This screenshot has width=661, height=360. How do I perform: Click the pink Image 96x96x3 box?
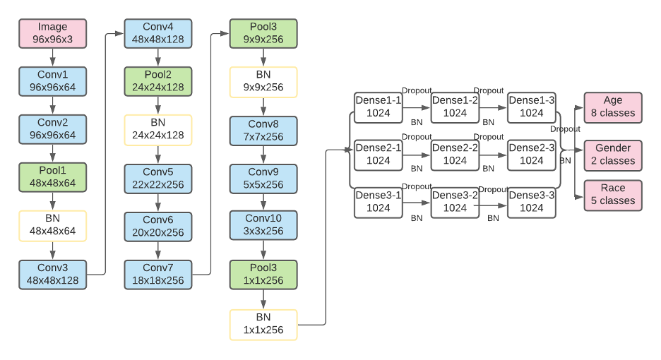tap(52, 33)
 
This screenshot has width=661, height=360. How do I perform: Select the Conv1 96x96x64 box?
tap(52, 82)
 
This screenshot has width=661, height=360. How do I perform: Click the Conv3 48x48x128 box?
tap(52, 274)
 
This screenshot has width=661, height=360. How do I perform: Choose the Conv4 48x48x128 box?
tap(158, 33)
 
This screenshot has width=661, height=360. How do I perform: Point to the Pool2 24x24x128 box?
tap(158, 82)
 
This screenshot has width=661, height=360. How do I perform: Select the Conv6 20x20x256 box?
tap(158, 226)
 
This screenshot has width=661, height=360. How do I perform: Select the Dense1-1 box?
tap(378, 107)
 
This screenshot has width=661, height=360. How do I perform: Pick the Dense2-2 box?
tap(455, 155)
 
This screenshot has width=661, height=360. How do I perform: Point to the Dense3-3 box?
tap(532, 202)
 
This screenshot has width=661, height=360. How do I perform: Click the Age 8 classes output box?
tap(613, 107)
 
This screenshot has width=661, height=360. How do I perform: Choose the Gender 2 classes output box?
tap(613, 155)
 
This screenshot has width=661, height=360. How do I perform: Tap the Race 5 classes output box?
tap(613, 195)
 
